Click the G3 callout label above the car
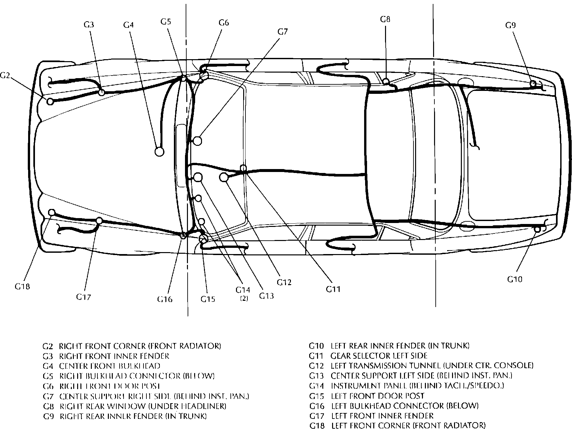point(89,25)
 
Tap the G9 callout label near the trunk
point(511,25)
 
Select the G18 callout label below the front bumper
point(22,286)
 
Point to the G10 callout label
point(515,279)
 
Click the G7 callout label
point(283,31)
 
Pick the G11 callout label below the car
point(333,289)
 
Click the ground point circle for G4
point(159,151)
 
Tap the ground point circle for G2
point(50,101)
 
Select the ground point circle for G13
point(198,177)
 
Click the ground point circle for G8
point(386,81)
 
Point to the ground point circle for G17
point(99,221)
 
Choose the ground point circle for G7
point(197,141)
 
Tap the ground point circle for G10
point(537,229)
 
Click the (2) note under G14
point(244,298)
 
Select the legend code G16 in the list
point(316,406)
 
